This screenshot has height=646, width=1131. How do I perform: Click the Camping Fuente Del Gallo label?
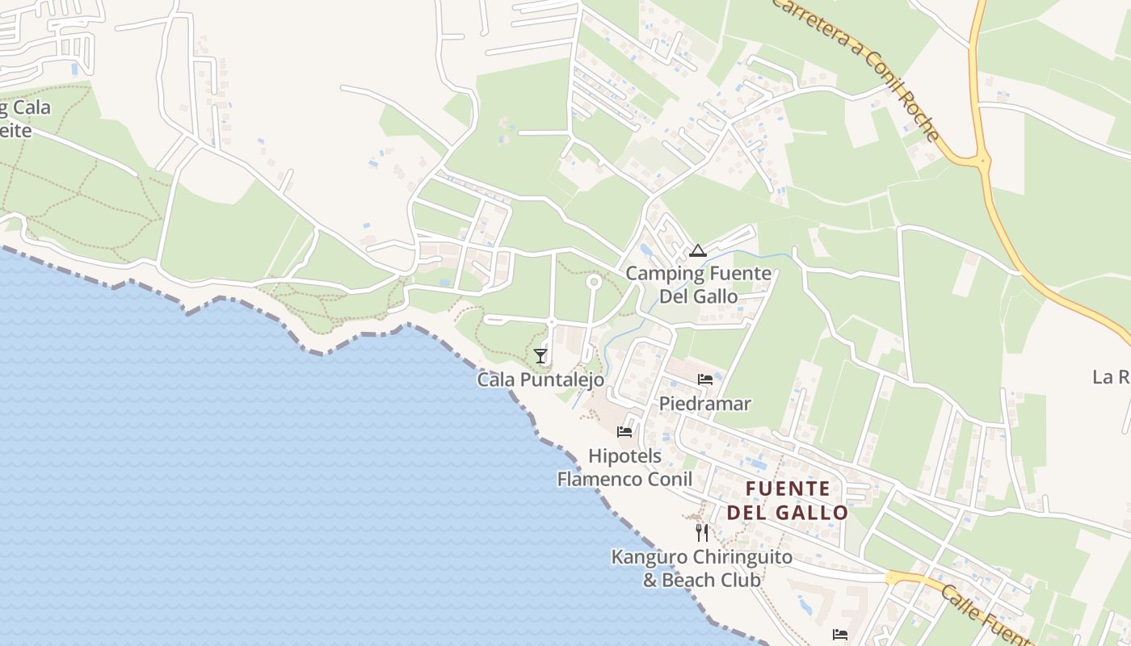coord(699,284)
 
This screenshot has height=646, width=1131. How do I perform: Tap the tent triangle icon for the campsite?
coord(698,250)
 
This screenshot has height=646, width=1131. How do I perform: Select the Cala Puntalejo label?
coord(540,379)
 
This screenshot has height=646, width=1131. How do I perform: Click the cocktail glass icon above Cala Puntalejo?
coord(540,355)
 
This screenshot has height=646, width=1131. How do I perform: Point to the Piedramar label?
coord(705,403)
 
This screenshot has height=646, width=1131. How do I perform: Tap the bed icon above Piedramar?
coord(705,380)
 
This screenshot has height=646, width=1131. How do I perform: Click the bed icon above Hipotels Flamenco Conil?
coord(624,432)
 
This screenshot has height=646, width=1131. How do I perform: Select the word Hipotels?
coord(624,456)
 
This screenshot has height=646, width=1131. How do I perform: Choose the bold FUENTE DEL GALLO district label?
coord(788,500)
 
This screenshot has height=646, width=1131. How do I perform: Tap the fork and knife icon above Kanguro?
coord(702,533)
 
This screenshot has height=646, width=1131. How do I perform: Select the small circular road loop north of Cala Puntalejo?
coord(594,282)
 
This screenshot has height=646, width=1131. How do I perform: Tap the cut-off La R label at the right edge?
coord(1111,377)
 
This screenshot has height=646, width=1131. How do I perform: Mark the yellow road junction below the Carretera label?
coord(982,161)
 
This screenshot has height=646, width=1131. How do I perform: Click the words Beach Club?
coord(702,580)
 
